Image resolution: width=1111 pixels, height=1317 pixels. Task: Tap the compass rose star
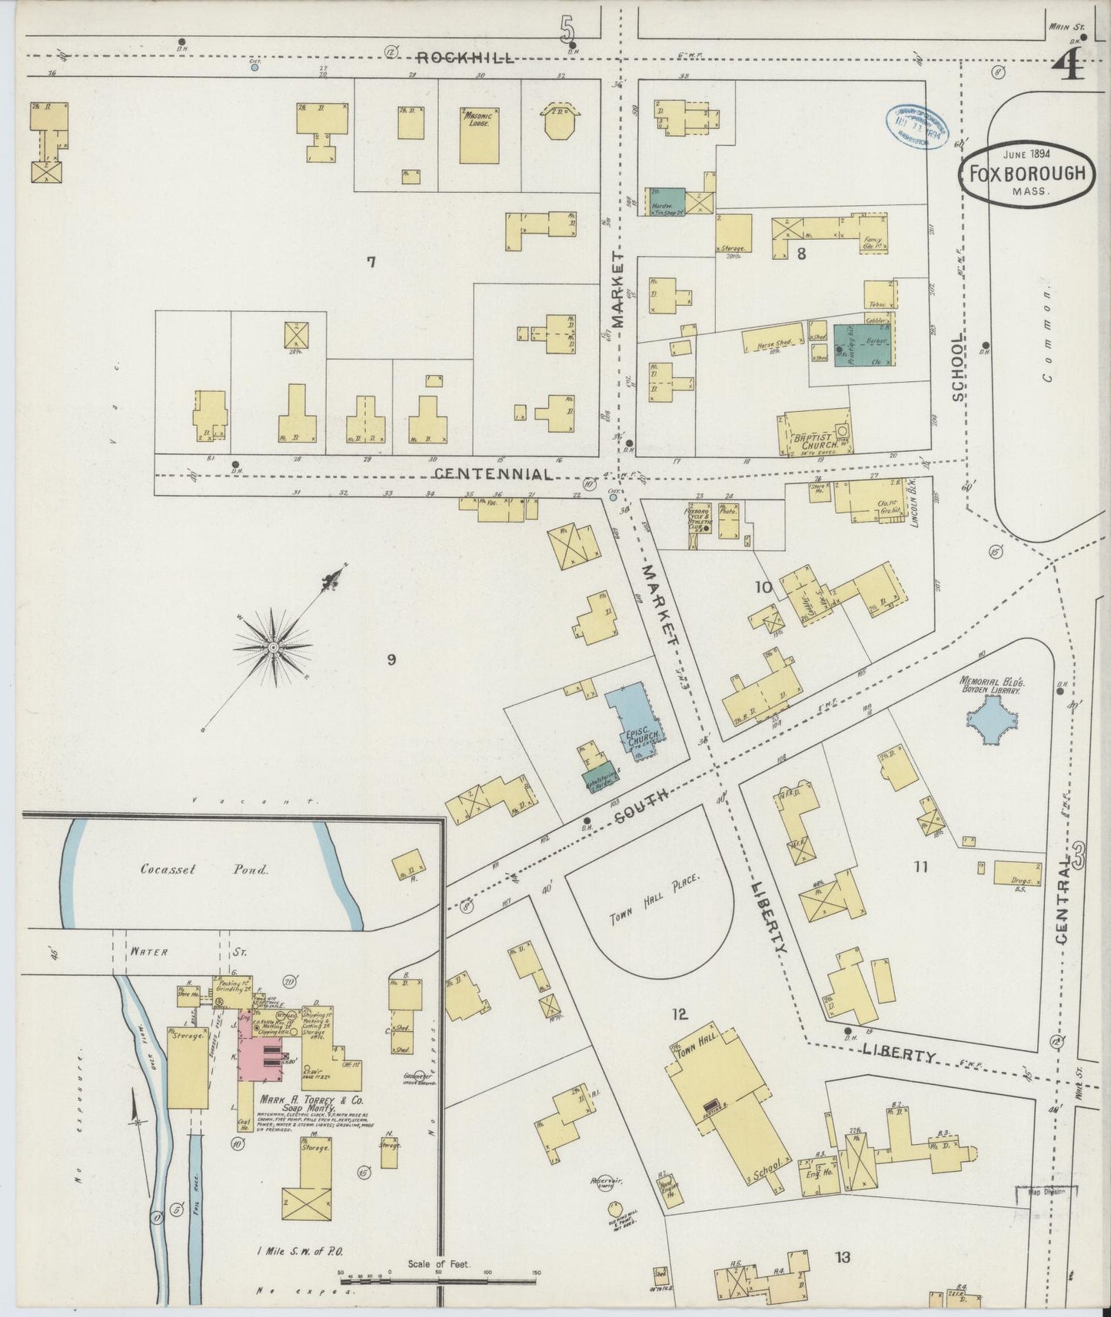(x=273, y=649)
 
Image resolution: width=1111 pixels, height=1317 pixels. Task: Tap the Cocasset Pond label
(x=205, y=870)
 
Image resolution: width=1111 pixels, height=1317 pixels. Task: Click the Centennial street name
(x=493, y=474)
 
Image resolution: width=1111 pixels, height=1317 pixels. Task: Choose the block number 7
(x=371, y=263)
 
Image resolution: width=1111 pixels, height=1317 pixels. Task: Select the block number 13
(x=843, y=1257)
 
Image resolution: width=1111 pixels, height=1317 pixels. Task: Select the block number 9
(x=391, y=658)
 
